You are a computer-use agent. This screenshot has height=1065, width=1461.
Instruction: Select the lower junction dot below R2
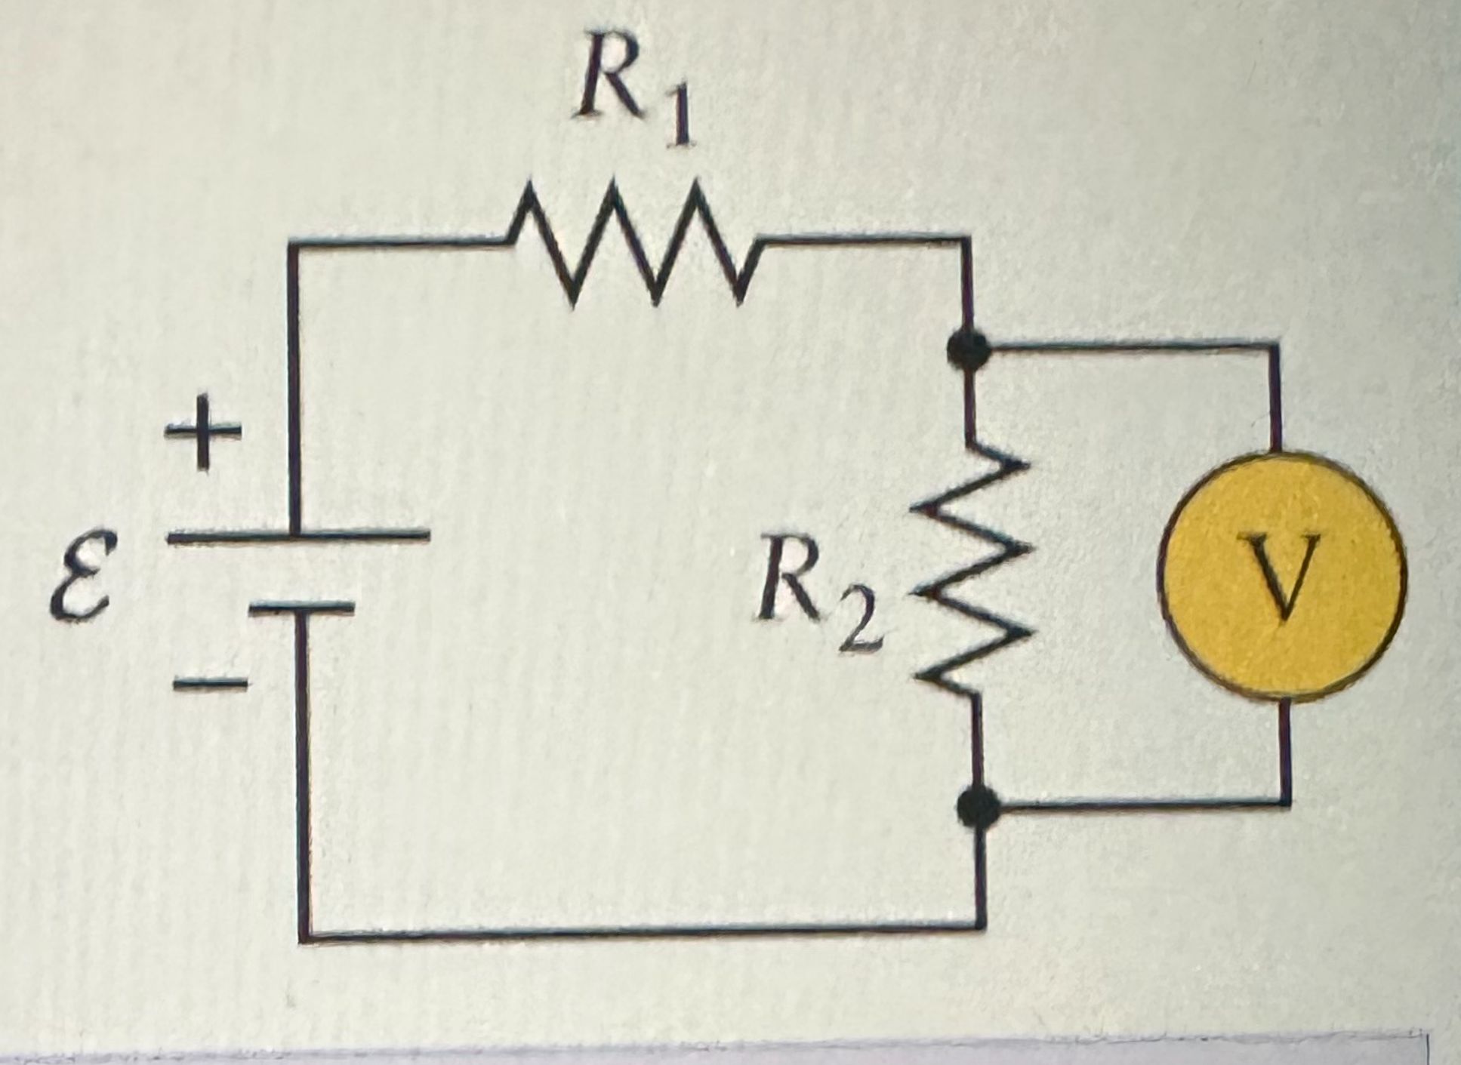(978, 808)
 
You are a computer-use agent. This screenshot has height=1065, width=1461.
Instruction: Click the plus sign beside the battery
(202, 434)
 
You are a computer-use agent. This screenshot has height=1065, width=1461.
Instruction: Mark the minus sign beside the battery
(210, 684)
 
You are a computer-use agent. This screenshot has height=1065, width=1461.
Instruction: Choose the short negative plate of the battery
(301, 606)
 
